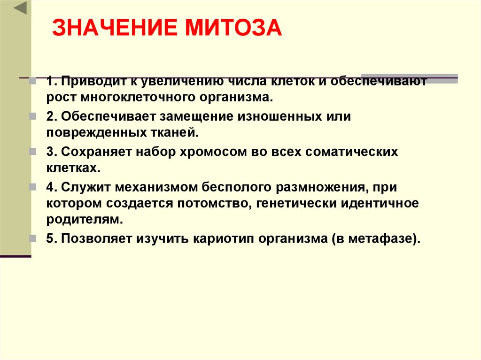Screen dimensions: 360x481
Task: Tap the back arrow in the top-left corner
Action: pyautogui.click(x=20, y=8)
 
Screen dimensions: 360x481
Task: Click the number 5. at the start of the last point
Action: pyautogui.click(x=52, y=239)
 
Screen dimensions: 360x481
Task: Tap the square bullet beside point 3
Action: pyautogui.click(x=32, y=152)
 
